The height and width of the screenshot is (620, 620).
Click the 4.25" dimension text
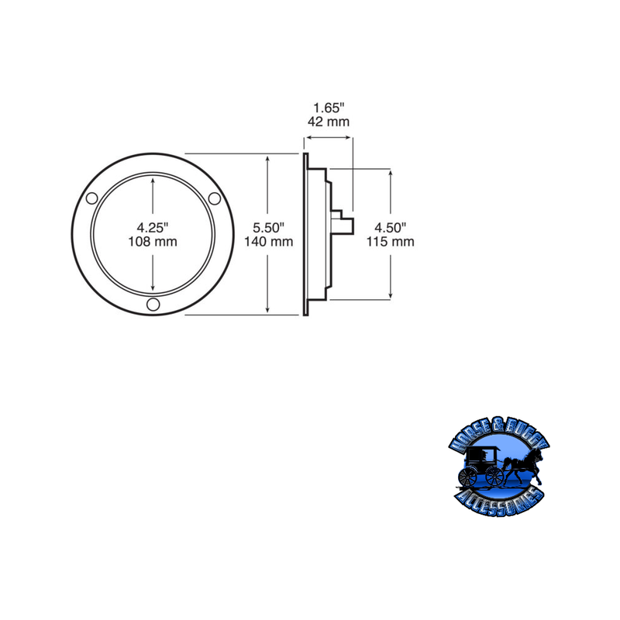(153, 228)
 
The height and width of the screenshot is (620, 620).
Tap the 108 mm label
(153, 242)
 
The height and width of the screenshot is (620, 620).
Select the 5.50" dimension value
(269, 228)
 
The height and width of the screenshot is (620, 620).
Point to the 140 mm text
(269, 242)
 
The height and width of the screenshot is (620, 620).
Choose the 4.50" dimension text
(391, 228)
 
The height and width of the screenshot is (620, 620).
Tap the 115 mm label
(391, 242)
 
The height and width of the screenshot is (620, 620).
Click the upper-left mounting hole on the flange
(92, 198)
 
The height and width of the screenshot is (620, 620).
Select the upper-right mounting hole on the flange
(214, 198)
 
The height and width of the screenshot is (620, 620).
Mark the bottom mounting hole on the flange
(153, 303)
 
